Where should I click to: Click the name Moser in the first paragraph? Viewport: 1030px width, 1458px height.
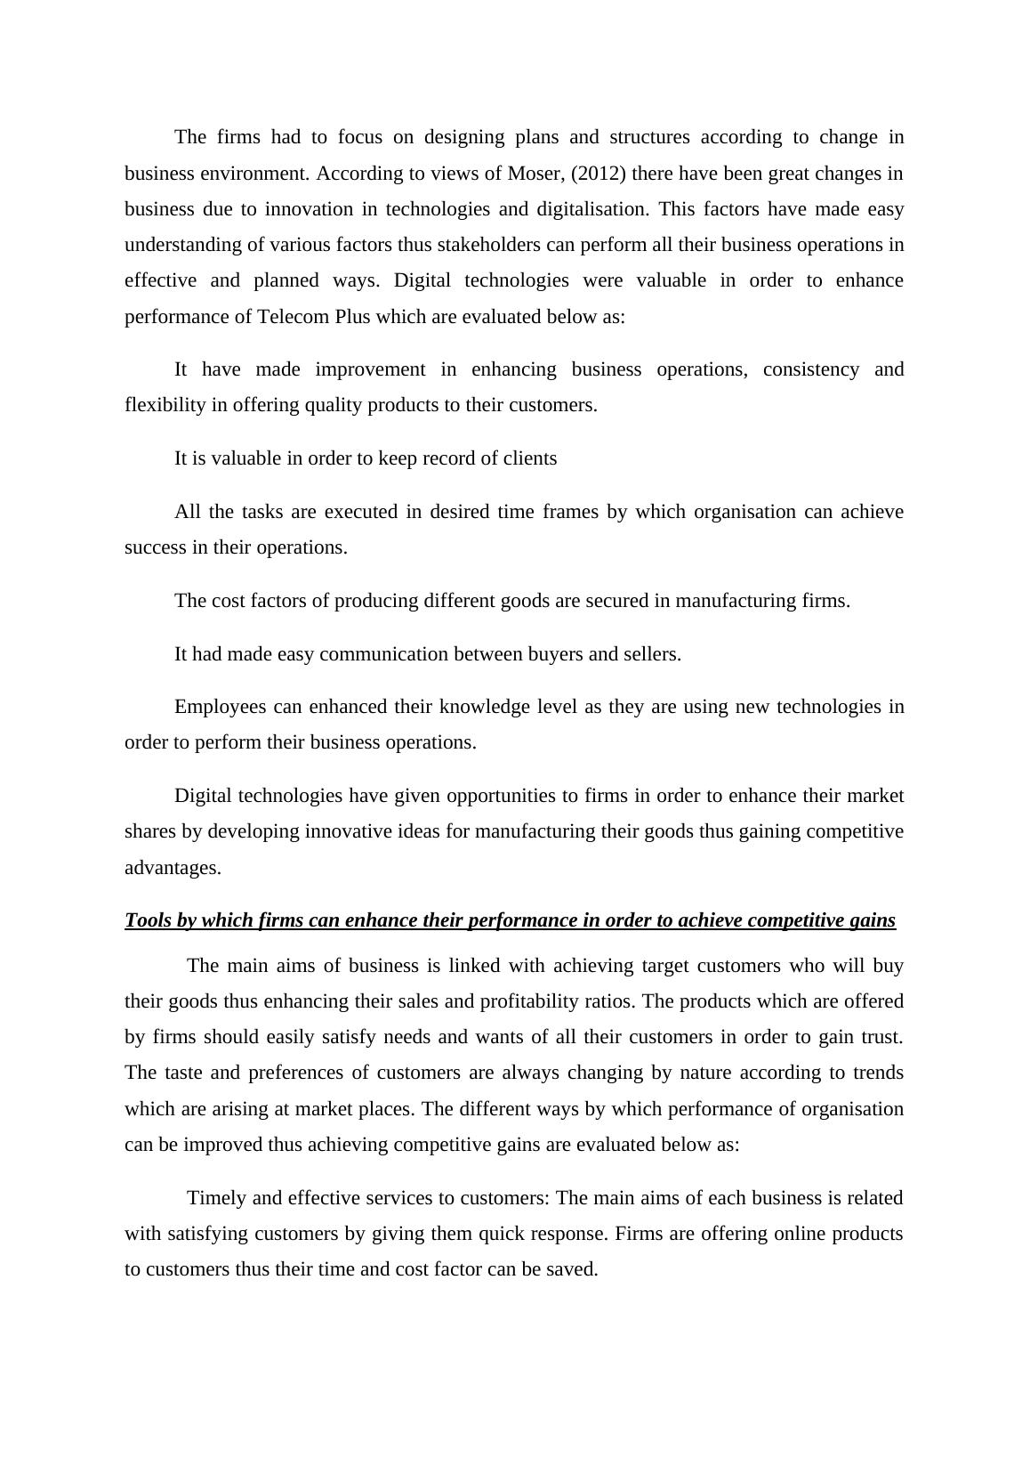click(533, 174)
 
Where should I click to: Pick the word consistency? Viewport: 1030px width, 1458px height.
click(810, 369)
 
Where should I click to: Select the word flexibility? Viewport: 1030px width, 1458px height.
click(165, 405)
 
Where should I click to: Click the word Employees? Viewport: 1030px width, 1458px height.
click(220, 707)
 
